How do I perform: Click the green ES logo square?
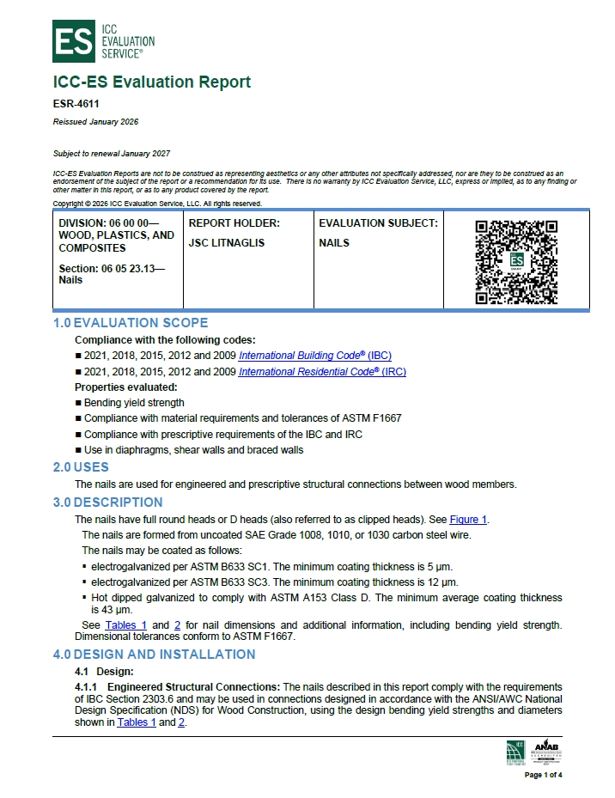click(75, 40)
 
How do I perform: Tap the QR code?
click(516, 262)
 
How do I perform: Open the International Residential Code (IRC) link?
click(322, 372)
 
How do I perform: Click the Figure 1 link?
click(468, 520)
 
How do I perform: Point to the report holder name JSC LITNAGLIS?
click(227, 243)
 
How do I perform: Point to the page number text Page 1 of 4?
click(544, 775)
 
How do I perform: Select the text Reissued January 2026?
click(95, 122)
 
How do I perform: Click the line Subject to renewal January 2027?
click(112, 154)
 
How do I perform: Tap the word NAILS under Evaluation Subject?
click(334, 243)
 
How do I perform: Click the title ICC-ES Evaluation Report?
click(151, 82)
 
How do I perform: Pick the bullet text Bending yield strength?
click(134, 402)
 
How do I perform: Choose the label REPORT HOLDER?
click(234, 223)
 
